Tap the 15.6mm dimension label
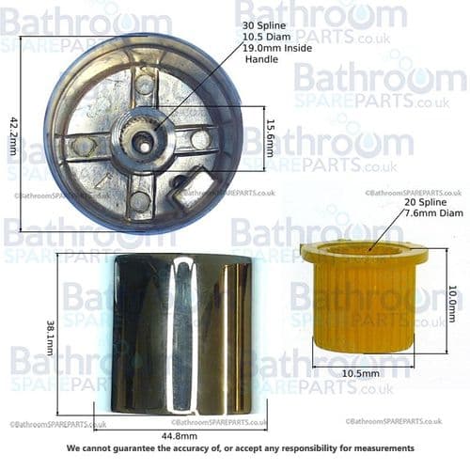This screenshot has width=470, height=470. click(x=270, y=137)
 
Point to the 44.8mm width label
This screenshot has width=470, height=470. click(x=179, y=435)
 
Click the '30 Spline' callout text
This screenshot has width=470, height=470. click(x=263, y=24)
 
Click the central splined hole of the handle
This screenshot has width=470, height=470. click(x=141, y=139)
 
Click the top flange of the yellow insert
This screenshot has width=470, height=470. click(x=363, y=252)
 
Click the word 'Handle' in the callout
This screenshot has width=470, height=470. click(x=261, y=58)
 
